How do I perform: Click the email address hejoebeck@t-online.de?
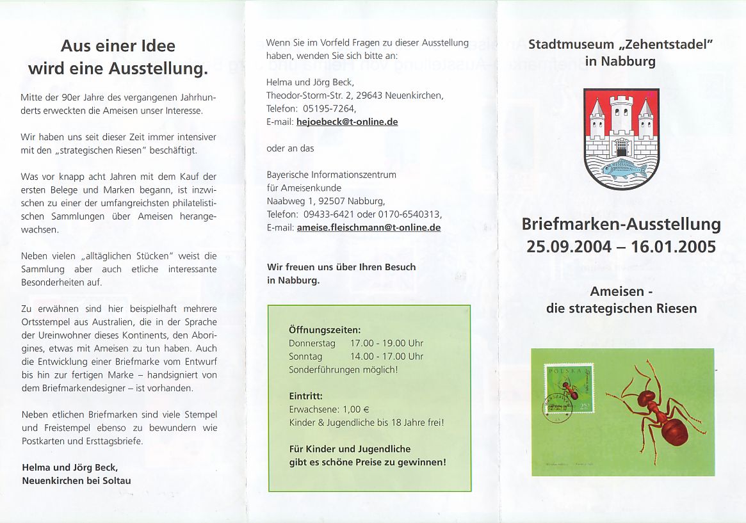347,122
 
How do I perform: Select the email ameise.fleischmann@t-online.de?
368,227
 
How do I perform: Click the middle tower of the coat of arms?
621,118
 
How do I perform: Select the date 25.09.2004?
569,246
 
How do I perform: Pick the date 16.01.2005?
674,246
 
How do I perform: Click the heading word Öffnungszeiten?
325,330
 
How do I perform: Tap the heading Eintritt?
305,396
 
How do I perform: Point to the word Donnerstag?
312,344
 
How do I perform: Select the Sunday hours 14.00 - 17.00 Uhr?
387,357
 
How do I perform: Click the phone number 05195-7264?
328,109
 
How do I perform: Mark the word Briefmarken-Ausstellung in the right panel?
621,225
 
